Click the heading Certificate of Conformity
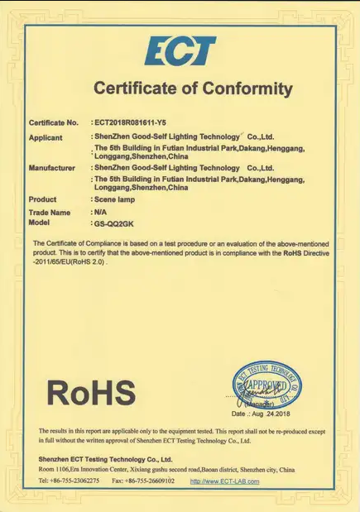tap(193, 89)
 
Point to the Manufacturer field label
tap(53, 168)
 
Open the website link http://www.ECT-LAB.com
tap(224, 481)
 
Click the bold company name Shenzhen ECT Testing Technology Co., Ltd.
tap(105, 458)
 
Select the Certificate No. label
tap(54, 122)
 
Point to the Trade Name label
tap(50, 213)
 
